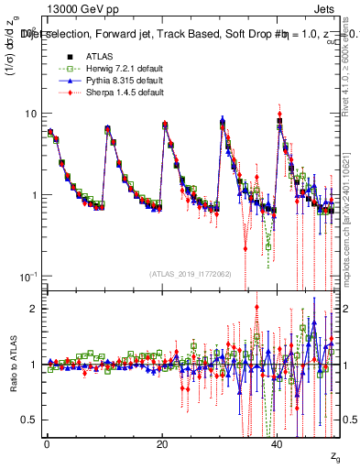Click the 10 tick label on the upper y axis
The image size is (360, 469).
point(31,114)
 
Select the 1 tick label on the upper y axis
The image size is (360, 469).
point(34,195)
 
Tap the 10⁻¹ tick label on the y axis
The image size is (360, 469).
point(29,276)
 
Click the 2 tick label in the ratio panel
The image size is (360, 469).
point(34,309)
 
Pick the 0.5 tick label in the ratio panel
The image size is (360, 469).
point(29,420)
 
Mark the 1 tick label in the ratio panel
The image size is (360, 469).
point(34,365)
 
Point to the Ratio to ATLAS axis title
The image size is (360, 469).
point(12,364)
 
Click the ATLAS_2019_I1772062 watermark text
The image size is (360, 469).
point(190,274)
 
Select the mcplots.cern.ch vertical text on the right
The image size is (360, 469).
point(352,229)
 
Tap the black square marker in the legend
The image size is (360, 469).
point(58,57)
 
